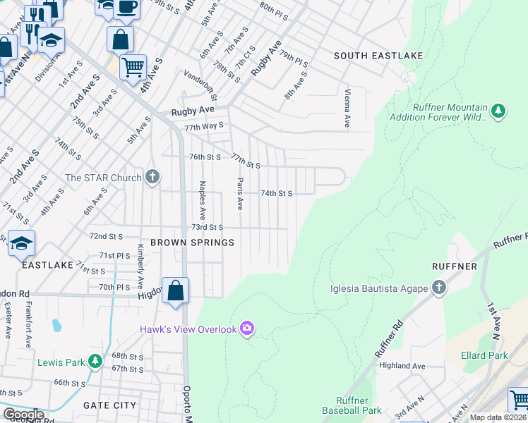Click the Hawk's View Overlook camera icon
[247, 329]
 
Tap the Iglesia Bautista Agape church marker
[438, 288]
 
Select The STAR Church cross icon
[152, 177]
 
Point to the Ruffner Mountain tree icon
[498, 111]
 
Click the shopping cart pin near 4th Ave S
[133, 68]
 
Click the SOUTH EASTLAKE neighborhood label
[378, 56]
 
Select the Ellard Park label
[485, 356]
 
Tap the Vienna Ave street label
[347, 108]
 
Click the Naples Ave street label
[202, 200]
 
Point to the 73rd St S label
[208, 227]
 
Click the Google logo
[23, 415]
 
